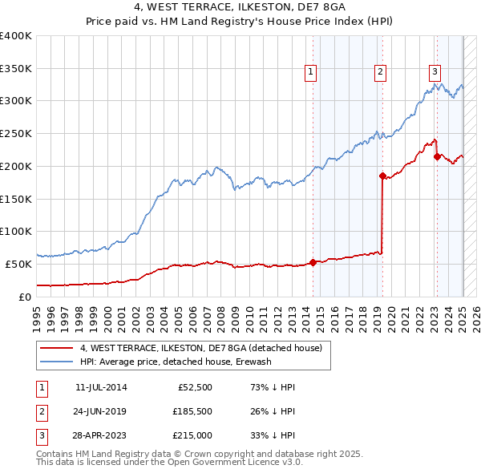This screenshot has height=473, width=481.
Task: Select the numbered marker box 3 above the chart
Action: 435,71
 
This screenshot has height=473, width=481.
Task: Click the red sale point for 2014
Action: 313,262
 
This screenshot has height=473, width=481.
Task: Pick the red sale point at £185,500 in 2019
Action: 382,175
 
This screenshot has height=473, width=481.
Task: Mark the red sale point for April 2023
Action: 437,156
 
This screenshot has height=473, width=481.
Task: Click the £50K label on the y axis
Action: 18,264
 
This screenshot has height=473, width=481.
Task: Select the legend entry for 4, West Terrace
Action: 200,348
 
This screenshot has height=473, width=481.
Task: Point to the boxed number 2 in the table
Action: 42,411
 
